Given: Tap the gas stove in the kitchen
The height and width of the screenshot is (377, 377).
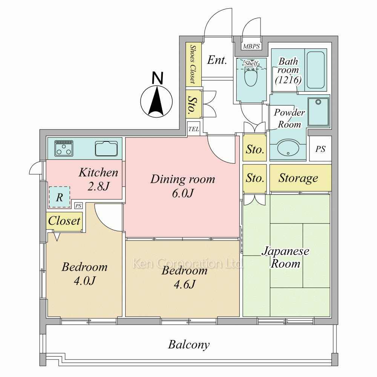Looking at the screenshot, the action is tap(64, 148).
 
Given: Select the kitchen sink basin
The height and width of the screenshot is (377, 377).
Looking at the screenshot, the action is tap(106, 149).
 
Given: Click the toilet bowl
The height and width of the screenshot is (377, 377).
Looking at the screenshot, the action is tap(251, 77).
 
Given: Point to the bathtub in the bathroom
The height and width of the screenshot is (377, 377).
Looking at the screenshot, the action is tap(316, 70).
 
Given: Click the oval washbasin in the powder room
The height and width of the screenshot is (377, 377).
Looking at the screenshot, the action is tap(288, 148).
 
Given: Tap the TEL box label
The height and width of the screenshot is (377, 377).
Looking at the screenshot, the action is tap(193, 129).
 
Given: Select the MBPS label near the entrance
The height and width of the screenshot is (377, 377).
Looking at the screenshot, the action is tap(251, 46).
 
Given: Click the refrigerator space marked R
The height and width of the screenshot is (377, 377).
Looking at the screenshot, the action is tap(60, 197).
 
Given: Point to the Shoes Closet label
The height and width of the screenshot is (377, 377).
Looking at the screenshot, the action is tap(192, 64).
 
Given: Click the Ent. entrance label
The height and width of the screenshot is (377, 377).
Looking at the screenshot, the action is tap(217, 60).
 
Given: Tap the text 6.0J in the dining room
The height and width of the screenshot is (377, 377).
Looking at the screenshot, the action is tap(183, 193).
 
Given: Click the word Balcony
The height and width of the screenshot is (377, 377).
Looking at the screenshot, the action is tap(189, 345).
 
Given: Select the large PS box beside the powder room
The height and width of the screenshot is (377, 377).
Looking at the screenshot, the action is tap(320, 149).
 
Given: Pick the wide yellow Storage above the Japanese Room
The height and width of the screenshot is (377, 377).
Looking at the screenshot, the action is tap(300, 178).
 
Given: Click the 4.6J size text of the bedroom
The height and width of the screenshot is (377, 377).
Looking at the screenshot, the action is tap(185, 284).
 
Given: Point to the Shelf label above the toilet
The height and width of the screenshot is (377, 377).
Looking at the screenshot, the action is tap(251, 63).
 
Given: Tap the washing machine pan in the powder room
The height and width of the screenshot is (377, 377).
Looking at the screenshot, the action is tap(319, 112).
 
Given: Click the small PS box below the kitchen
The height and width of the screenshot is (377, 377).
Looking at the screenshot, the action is tap(78, 206).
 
